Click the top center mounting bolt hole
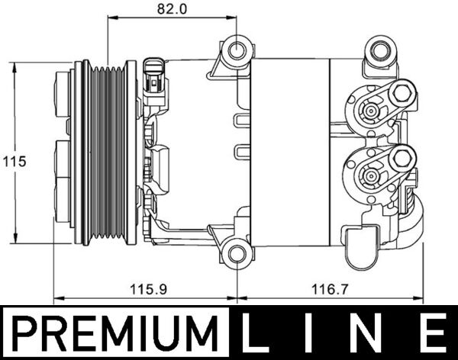click(x=238, y=51)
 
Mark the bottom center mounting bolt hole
click(x=237, y=252)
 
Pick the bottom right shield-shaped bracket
click(x=362, y=246)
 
